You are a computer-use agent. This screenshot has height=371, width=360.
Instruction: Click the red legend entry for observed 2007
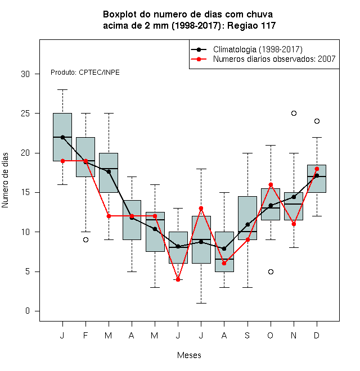(x=263, y=59)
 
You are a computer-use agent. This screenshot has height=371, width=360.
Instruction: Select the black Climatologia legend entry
(x=246, y=49)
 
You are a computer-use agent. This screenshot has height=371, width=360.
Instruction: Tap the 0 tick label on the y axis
(x=28, y=311)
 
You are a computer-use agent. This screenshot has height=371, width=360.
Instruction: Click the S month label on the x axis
(x=247, y=335)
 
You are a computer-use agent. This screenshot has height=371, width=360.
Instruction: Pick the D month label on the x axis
(x=317, y=335)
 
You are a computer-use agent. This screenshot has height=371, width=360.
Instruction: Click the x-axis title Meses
(x=189, y=355)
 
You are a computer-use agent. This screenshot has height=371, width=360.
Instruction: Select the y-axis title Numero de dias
(x=5, y=180)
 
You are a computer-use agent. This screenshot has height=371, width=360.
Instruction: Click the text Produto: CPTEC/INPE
(x=85, y=73)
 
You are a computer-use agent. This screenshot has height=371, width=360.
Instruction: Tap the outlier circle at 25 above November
(x=294, y=114)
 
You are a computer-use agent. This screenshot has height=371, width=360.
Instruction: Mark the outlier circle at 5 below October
(x=271, y=272)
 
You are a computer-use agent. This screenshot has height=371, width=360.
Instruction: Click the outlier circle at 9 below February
(x=85, y=239)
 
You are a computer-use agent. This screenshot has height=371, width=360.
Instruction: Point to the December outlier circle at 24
(x=317, y=121)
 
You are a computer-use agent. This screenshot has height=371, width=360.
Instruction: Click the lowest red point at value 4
(x=178, y=279)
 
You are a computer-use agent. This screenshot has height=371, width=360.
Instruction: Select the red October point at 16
(x=271, y=184)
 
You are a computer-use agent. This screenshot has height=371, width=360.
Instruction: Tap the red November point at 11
(x=294, y=224)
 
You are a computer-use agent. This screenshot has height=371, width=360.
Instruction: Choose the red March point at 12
(x=109, y=216)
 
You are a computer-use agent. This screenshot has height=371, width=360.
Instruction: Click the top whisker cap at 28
(x=62, y=90)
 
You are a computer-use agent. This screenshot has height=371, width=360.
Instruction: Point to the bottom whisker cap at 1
(x=201, y=303)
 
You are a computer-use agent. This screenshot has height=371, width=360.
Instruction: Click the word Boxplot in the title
(x=120, y=15)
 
